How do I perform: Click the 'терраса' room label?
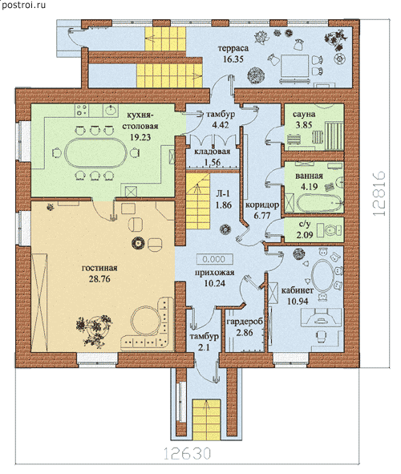click(233, 48)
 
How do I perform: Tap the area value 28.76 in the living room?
click(99, 279)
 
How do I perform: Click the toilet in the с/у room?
click(332, 230)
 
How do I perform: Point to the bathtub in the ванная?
click(320, 203)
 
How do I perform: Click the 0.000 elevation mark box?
click(214, 259)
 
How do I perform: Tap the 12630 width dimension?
click(187, 453)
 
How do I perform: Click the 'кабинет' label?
click(298, 290)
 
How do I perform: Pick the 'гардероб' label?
click(245, 322)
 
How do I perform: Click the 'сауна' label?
click(304, 114)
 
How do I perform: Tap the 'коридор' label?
click(262, 205)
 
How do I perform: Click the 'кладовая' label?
click(213, 152)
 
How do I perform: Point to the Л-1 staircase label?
click(224, 194)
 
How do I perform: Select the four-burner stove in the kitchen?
click(82, 110)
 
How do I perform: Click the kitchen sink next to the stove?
click(111, 110)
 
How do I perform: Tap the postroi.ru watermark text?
click(23, 5)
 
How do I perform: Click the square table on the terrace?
click(294, 66)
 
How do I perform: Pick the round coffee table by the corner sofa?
click(146, 321)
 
